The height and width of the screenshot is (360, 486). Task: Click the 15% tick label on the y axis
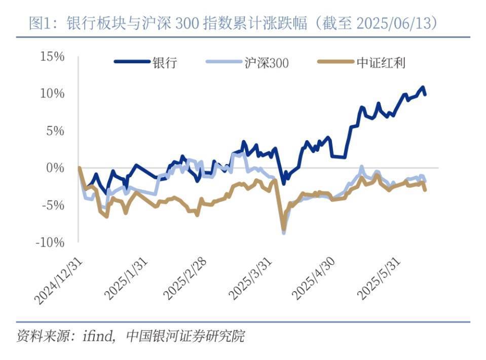click(x=52, y=56)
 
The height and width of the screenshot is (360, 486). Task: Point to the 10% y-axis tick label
click(x=52, y=93)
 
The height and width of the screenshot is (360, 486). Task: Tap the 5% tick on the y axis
click(x=55, y=131)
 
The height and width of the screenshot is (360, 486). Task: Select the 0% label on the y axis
click(x=55, y=168)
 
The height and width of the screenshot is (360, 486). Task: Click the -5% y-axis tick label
click(x=53, y=205)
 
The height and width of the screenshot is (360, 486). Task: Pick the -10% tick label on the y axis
click(x=50, y=242)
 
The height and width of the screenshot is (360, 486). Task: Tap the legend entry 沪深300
click(x=263, y=63)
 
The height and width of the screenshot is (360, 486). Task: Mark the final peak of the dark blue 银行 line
click(x=423, y=87)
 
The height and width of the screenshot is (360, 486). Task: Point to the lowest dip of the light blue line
click(x=284, y=232)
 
